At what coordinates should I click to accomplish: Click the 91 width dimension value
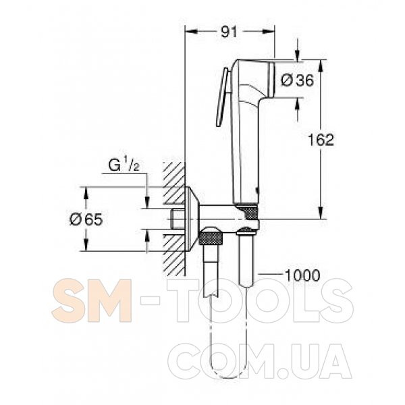pos(229,32)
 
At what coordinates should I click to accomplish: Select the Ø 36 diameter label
pos(297,80)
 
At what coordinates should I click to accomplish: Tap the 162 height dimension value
pos(321,140)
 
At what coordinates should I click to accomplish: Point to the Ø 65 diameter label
pos(86,220)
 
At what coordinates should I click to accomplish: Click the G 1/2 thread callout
pos(124,165)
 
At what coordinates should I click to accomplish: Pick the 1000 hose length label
pos(302,275)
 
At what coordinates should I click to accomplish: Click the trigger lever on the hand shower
pos(223,97)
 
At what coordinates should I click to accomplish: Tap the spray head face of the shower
pos(271,79)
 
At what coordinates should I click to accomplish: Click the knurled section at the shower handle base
pos(248,212)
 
